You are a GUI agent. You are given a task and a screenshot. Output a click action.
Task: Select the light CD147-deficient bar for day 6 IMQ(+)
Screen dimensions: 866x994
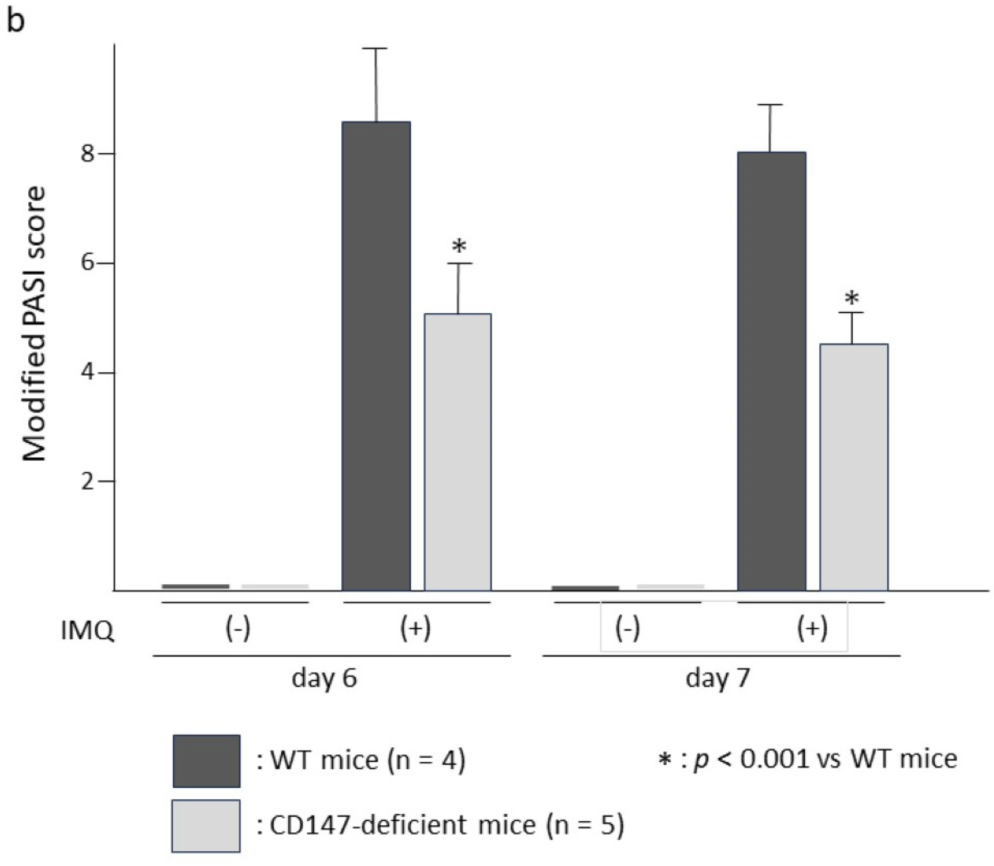tap(457, 452)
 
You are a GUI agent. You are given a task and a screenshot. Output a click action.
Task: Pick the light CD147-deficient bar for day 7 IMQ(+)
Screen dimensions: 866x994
tap(853, 467)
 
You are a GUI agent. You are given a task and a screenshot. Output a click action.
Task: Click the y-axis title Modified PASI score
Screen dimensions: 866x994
tap(35, 324)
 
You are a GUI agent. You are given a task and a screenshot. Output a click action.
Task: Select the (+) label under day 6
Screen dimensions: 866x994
tap(415, 629)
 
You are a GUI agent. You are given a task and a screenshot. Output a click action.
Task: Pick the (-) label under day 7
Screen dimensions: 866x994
tap(628, 629)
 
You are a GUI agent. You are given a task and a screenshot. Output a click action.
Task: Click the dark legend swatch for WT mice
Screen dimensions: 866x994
tap(206, 761)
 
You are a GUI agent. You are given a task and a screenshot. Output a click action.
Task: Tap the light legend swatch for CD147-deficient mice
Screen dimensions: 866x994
tap(206, 826)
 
